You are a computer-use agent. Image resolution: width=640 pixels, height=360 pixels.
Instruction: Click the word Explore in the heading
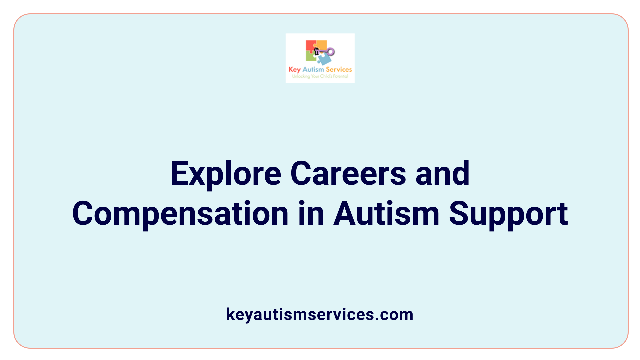coord(226,174)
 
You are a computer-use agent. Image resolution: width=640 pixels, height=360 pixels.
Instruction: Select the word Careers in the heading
coord(348,174)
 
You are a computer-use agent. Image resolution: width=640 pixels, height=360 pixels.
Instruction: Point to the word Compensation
coord(180,214)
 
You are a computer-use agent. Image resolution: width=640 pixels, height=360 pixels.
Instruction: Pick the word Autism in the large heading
coord(386,214)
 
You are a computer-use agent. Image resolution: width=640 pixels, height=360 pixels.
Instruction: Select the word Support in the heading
coord(508,214)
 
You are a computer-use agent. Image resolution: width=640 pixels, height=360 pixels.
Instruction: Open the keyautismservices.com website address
coord(320,314)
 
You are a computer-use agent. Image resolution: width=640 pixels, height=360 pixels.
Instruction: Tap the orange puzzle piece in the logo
coord(321,45)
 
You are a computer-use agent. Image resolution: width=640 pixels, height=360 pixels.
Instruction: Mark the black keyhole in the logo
coord(317,51)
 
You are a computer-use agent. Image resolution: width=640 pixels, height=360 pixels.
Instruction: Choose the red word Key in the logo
coord(294,70)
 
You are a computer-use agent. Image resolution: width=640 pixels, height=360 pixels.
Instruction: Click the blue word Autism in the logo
coord(313,69)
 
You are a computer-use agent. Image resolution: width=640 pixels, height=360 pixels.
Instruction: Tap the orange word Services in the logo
coord(339,69)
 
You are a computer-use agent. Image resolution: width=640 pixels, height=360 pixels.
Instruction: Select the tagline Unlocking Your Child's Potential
coord(320,76)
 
